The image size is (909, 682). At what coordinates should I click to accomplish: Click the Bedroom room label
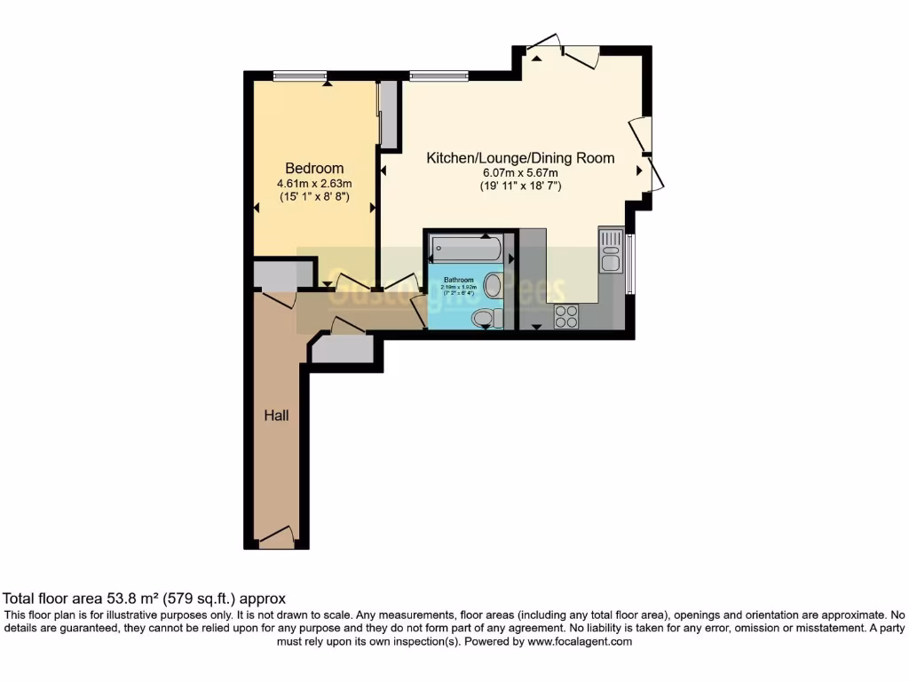pos(313,169)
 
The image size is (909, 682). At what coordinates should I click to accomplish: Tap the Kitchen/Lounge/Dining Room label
pos(520,158)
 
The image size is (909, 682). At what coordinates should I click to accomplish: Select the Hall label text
pos(275,415)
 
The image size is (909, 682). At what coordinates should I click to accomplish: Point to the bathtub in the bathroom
pos(466,248)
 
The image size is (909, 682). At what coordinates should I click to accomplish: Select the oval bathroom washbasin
pos(493,286)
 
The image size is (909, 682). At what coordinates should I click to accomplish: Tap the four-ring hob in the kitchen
pos(565,316)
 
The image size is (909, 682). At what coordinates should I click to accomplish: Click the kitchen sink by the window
pos(611,250)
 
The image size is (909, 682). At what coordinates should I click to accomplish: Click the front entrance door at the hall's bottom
pos(276,537)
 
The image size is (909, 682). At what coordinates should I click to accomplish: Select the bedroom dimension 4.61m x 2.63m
pos(313,185)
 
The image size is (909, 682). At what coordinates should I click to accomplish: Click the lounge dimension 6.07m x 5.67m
pos(520,173)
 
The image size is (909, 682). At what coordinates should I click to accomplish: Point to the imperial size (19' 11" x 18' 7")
pos(520,186)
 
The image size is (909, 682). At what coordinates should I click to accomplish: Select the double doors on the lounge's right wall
pos(648,153)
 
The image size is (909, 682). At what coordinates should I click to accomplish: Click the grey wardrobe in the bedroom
pos(388,114)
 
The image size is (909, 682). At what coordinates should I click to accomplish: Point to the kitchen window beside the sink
pos(631,264)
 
